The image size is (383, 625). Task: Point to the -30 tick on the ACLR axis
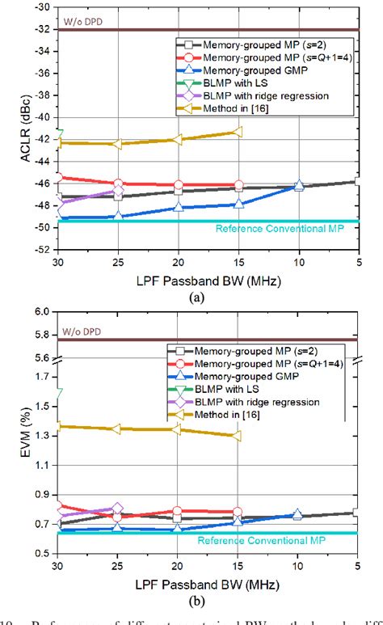point(41,7)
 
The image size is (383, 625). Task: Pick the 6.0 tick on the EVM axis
point(43,311)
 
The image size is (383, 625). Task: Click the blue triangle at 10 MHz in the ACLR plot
point(299,185)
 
